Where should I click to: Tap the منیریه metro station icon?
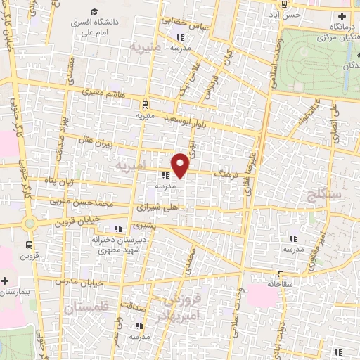(x=145, y=102)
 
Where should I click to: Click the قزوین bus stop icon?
(x=29, y=245)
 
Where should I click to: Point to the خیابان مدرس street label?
(x=79, y=281)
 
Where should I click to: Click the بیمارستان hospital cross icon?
(x=4, y=280)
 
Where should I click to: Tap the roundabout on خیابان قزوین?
(x=29, y=224)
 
